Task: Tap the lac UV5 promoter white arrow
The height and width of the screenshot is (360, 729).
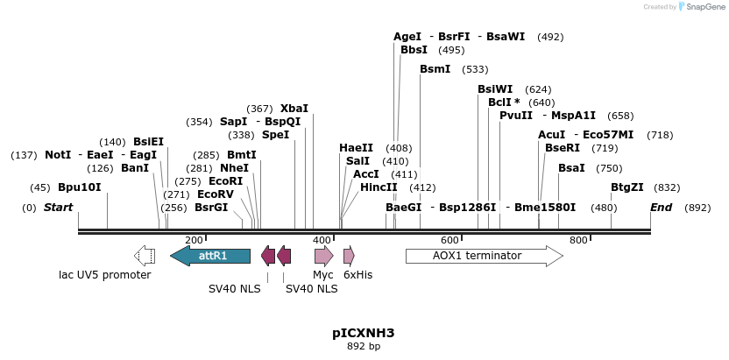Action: tap(145, 256)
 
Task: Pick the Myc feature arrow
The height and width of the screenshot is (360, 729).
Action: tap(323, 256)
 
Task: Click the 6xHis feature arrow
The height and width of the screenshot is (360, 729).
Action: tap(349, 256)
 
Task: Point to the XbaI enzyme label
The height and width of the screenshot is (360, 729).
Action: tap(294, 108)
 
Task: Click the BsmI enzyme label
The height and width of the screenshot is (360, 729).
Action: tap(435, 68)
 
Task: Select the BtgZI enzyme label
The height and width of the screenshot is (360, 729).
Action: tap(627, 187)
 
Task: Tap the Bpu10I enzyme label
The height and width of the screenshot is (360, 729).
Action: tap(80, 187)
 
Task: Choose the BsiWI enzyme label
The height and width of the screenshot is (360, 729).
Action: tap(495, 89)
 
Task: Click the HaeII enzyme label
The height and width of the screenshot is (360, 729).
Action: tap(357, 148)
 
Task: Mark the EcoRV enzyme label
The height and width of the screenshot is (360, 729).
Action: tap(216, 194)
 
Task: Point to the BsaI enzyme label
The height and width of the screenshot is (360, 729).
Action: tap(571, 167)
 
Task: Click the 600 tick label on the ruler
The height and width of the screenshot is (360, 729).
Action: tap(449, 240)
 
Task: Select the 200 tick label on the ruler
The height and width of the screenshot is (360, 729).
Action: tap(194, 240)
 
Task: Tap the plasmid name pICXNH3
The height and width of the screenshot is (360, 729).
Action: tap(364, 333)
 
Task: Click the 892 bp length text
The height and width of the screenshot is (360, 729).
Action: tap(364, 347)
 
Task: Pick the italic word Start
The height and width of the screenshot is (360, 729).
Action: tap(58, 208)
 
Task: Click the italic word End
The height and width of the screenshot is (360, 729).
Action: tap(662, 208)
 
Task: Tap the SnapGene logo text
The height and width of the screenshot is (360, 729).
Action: tap(705, 7)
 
